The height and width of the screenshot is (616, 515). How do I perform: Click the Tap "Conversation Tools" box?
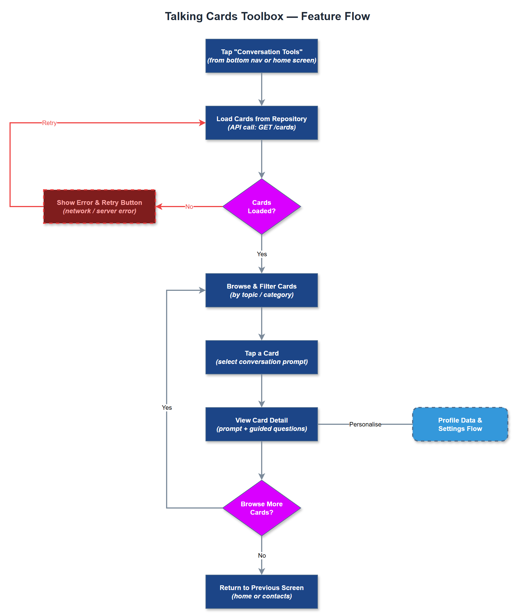(261, 56)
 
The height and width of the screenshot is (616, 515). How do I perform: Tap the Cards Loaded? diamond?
(261, 207)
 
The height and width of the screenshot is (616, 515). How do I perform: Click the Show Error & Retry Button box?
(99, 207)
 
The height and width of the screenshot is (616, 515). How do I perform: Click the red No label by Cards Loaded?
(189, 207)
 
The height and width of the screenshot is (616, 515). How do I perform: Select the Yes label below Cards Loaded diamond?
(261, 254)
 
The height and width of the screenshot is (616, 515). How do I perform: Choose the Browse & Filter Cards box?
(261, 290)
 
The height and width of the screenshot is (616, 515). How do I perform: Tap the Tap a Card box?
(261, 357)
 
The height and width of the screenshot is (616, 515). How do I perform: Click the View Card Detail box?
(261, 424)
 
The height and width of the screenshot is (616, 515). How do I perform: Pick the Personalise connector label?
(365, 424)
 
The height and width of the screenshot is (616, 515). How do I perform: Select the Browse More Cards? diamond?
(261, 508)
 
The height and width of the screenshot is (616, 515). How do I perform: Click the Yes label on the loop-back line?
(167, 408)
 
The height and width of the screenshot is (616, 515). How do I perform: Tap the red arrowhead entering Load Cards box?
(202, 123)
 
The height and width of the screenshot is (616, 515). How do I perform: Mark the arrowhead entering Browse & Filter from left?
(202, 290)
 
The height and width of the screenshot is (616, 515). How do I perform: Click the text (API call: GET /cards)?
(261, 127)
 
